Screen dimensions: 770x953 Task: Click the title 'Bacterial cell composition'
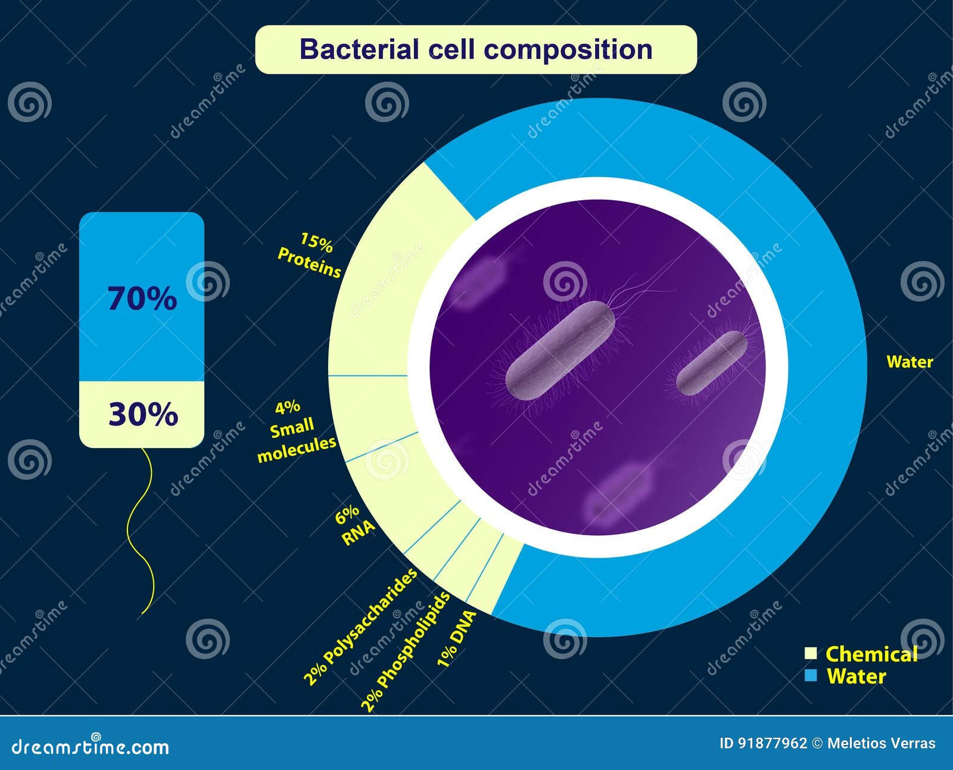click(475, 49)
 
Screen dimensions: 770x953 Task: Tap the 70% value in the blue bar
click(142, 299)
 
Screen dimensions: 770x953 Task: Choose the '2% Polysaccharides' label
click(360, 627)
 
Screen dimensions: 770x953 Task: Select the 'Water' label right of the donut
click(910, 362)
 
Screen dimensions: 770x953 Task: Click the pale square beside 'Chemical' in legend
click(811, 653)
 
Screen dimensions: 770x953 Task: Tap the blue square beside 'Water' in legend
click(811, 676)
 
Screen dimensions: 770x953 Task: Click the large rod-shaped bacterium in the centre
click(560, 350)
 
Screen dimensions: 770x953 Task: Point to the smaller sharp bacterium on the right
click(712, 363)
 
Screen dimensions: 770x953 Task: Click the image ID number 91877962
click(773, 743)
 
